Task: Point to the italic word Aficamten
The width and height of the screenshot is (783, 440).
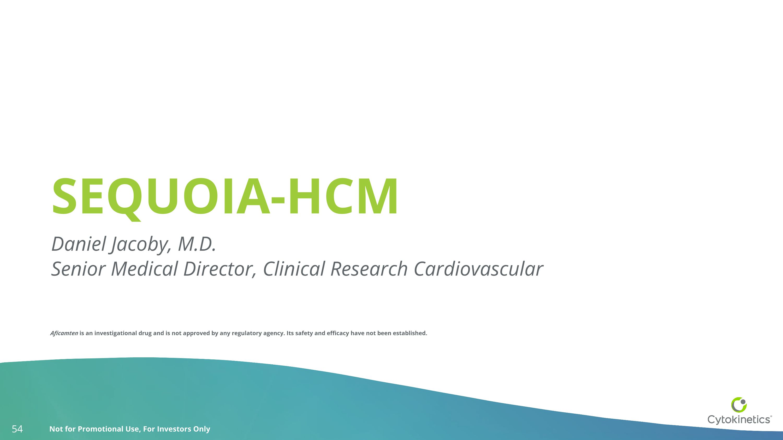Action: point(64,333)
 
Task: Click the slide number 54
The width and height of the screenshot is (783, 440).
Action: point(17,429)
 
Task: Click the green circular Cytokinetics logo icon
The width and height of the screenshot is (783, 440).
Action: point(739,405)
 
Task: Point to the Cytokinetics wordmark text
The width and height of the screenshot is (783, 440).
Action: point(739,419)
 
